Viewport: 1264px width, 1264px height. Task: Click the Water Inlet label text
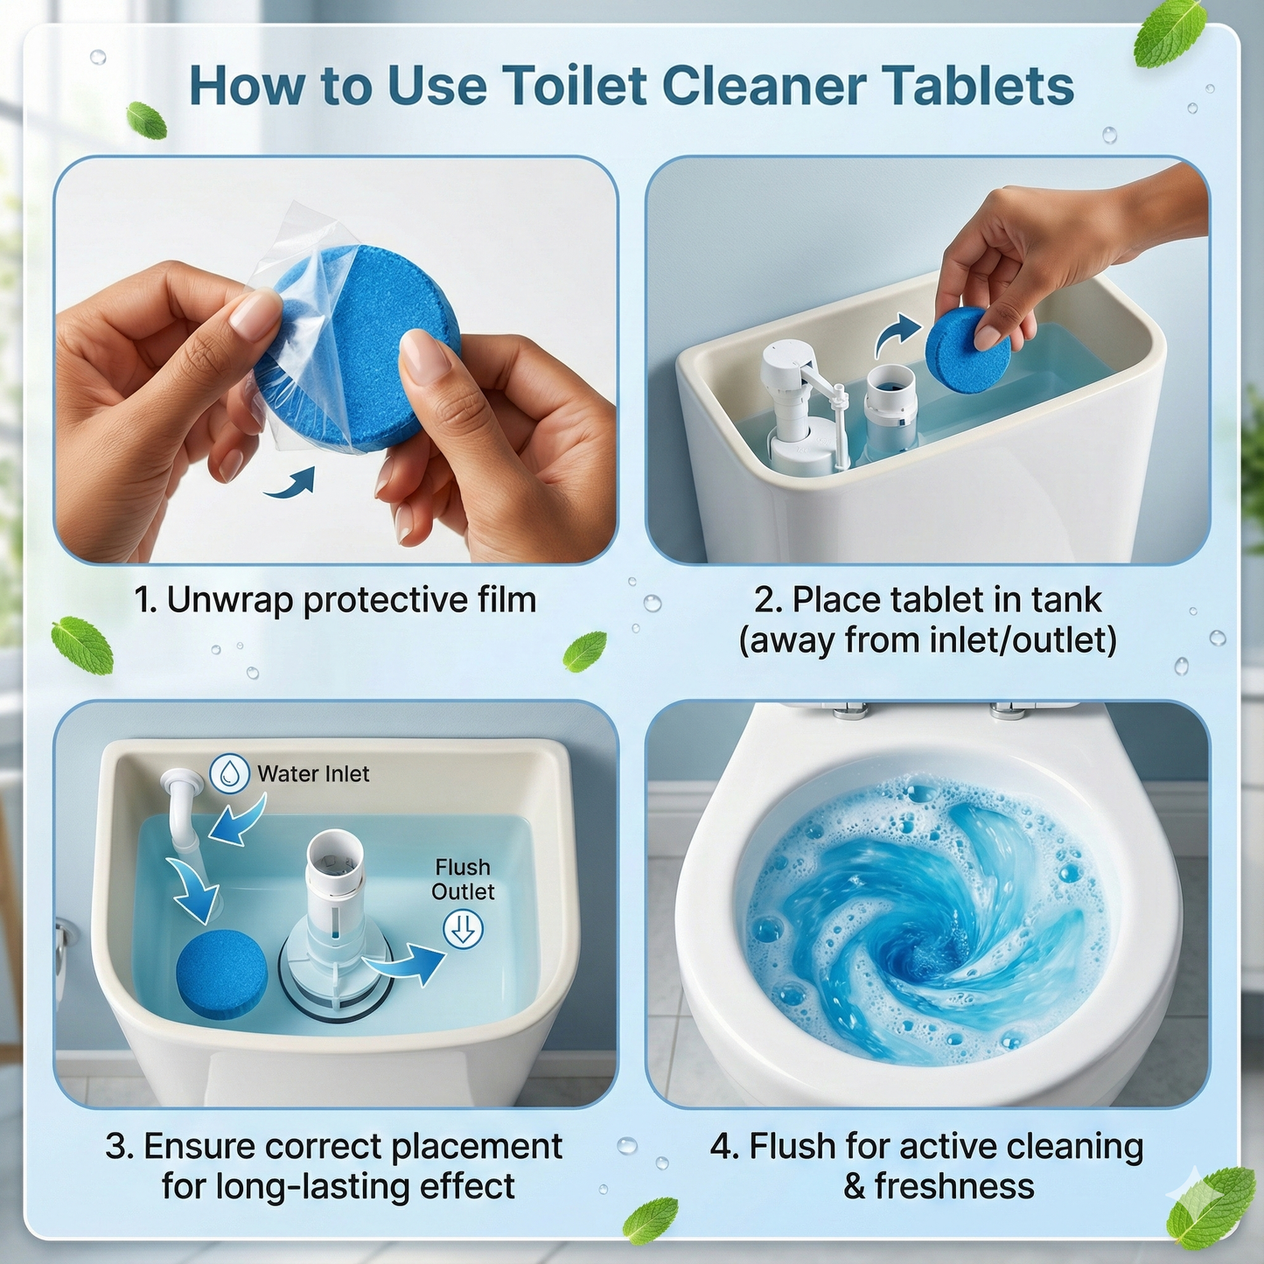pyautogui.click(x=313, y=774)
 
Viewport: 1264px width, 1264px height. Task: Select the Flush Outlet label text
pyautogui.click(x=463, y=879)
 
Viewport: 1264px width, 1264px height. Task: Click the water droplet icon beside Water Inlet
pyautogui.click(x=229, y=773)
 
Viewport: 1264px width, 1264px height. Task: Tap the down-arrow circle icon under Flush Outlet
pyautogui.click(x=463, y=928)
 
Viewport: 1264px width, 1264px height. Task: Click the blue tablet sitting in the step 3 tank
pyautogui.click(x=221, y=974)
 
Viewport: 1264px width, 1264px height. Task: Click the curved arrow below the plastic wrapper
pyautogui.click(x=291, y=483)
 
